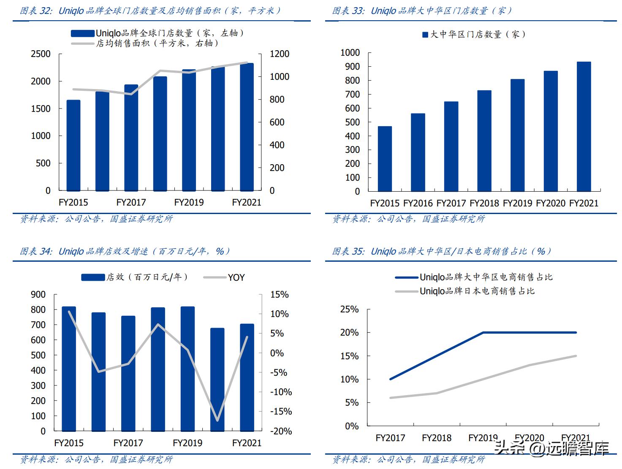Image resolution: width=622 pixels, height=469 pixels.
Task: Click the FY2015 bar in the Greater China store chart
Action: pos(385,159)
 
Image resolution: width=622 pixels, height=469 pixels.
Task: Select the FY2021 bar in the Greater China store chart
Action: pos(584,127)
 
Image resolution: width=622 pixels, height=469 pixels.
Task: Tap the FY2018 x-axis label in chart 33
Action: pos(484,203)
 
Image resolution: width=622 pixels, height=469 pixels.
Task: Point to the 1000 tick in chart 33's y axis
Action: pos(350,53)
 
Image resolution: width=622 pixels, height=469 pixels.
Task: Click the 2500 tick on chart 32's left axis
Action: pos(41,54)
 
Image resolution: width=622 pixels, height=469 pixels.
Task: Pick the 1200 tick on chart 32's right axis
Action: pos(280,54)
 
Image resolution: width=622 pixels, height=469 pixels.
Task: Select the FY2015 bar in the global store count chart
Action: pos(73,146)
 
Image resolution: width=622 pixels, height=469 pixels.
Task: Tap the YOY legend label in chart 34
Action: pos(236,277)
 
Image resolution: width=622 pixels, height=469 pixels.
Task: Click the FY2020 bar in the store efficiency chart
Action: pos(217,380)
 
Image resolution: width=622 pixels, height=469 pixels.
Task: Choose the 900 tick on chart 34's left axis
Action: pos(38,295)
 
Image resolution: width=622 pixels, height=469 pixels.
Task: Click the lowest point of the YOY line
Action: pos(217,420)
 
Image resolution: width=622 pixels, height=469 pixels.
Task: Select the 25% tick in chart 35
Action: pos(349,309)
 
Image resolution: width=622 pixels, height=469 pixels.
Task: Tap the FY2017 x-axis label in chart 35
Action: pos(390,438)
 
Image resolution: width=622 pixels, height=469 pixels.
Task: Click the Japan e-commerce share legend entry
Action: pos(477,291)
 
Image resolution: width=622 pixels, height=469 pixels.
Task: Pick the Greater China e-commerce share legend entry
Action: pos(486,277)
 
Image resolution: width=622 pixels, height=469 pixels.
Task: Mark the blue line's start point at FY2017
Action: pos(390,379)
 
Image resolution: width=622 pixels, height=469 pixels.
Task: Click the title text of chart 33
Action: pos(422,11)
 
